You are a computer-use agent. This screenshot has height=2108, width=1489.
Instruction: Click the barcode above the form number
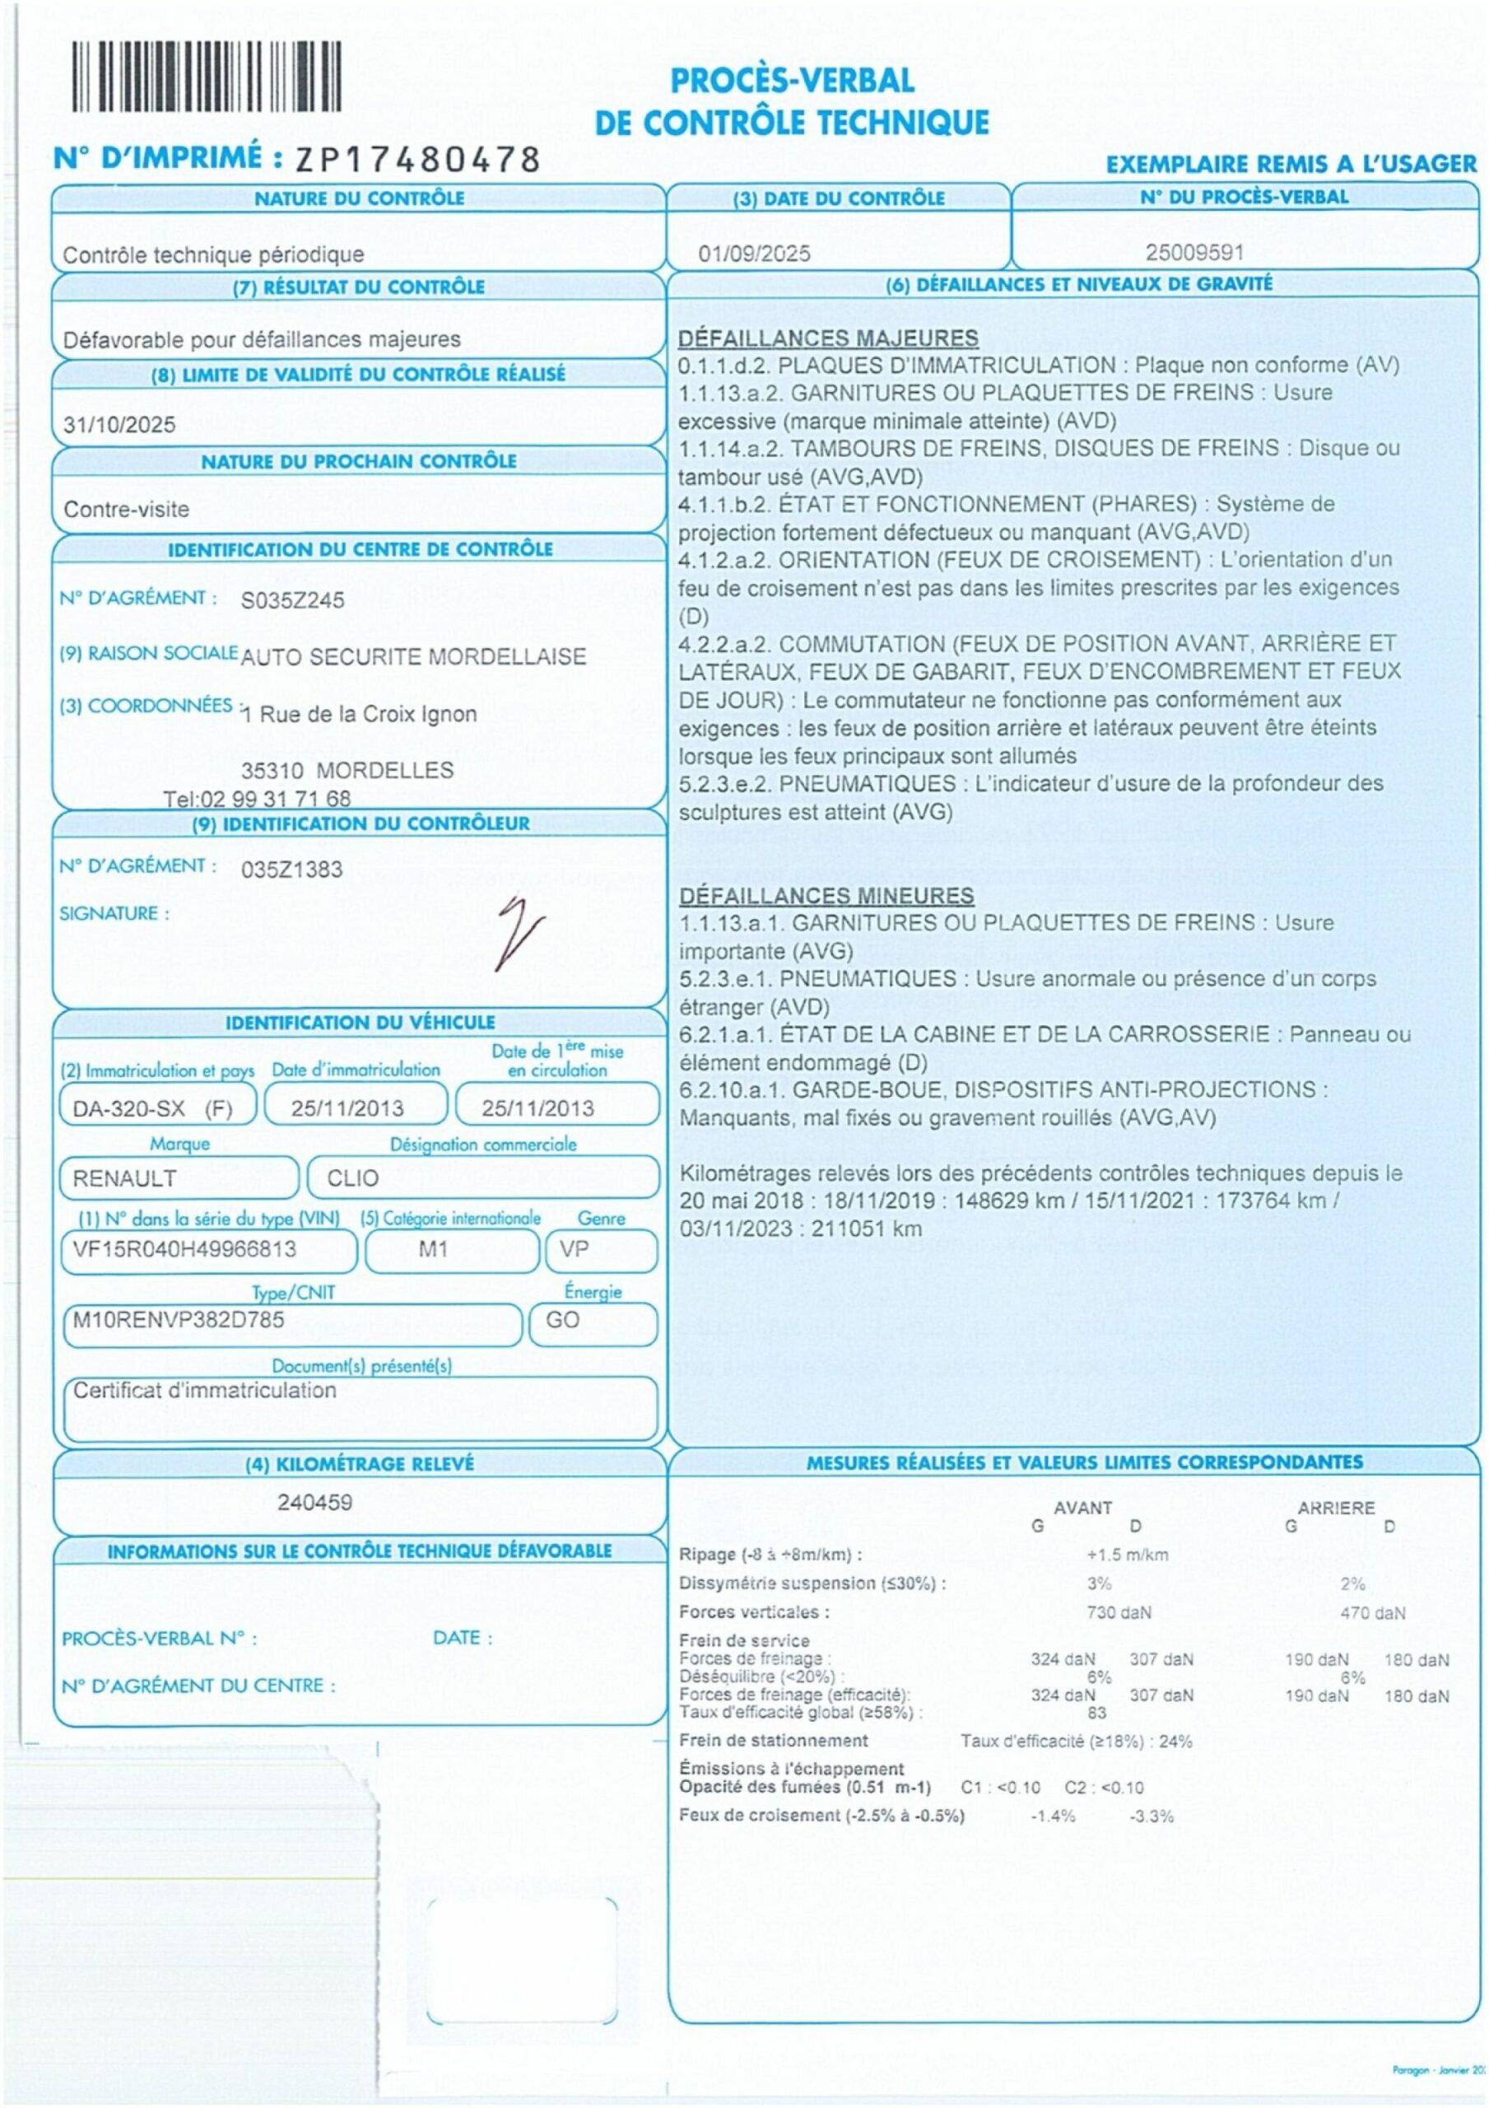click(x=207, y=77)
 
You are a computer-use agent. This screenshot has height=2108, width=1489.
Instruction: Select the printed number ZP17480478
click(x=416, y=160)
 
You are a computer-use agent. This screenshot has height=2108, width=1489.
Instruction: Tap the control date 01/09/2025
click(x=754, y=254)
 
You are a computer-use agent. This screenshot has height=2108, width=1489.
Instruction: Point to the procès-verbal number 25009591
click(x=1194, y=253)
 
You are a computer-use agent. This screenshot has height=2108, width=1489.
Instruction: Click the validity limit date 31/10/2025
click(x=119, y=425)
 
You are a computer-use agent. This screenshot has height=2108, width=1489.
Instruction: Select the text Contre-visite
click(x=127, y=510)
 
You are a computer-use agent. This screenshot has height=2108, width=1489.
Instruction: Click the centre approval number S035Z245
click(x=292, y=600)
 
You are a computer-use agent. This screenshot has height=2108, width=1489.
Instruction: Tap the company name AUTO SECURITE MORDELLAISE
click(x=413, y=657)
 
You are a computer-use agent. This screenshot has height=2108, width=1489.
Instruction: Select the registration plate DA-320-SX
click(x=128, y=1108)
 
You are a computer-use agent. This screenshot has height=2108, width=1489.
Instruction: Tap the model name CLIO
click(x=353, y=1178)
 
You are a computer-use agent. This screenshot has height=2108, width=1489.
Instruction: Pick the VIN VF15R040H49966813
click(x=184, y=1248)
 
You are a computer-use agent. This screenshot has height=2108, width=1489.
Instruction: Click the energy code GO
click(x=562, y=1319)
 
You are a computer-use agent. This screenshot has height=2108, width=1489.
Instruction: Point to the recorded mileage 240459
click(x=315, y=1503)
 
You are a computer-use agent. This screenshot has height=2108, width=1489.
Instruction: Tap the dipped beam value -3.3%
click(x=1152, y=1816)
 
